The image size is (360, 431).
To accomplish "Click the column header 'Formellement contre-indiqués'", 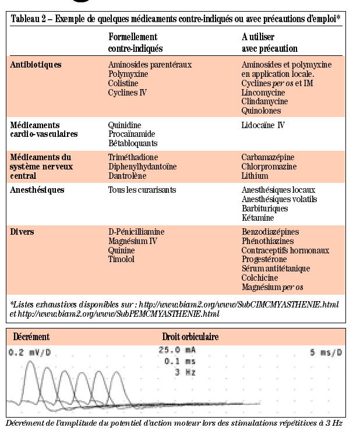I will pos(136,43).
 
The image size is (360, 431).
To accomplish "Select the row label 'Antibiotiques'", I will pos(36,64).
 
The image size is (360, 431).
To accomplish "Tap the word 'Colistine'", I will pos(123,83).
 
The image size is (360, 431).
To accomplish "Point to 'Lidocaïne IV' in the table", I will pos(263,125).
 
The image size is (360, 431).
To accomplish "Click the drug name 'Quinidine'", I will pos(125,125).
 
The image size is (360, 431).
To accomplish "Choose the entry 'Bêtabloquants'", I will pos(133,143).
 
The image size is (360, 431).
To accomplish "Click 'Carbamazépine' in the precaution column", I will pos(268,157).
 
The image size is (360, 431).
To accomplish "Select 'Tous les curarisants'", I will pos(142,190).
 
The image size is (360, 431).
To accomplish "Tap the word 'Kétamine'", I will pos(257,217).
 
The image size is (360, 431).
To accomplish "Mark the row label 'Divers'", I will pos(22,232).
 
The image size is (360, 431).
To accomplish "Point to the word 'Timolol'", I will pos(121,259).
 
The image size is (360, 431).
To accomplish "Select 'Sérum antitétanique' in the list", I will pos(276,269).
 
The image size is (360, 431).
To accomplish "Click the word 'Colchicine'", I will pos(259,277).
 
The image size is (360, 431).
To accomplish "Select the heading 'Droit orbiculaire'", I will pos(190,337).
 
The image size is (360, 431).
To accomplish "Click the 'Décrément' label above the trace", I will pos(31,337).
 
